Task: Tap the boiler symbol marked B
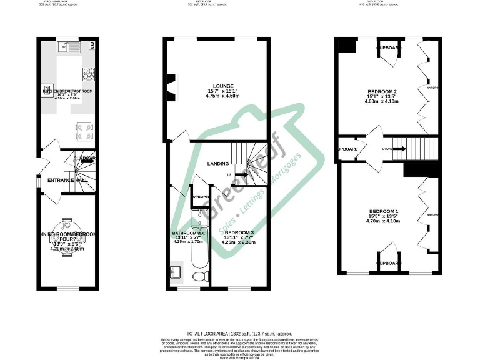pyautogui.click(x=92, y=46)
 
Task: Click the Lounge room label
pyautogui.click(x=222, y=86)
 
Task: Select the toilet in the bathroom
pyautogui.click(x=199, y=276)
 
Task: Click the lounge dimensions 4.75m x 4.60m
pyautogui.click(x=222, y=97)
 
